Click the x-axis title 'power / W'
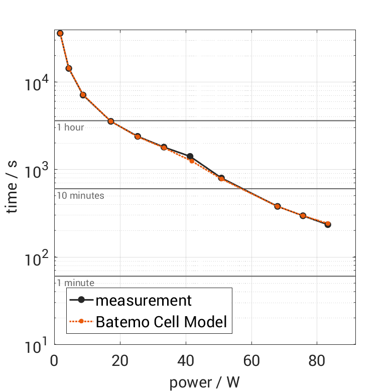pyautogui.click(x=204, y=382)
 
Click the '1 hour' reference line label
pyautogui.click(x=70, y=127)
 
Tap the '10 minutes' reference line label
pyautogui.click(x=80, y=196)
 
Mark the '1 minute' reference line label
pyautogui.click(x=75, y=283)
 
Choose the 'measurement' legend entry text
pyautogui.click(x=144, y=301)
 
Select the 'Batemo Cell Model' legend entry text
pyautogui.click(x=161, y=322)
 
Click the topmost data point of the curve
pyautogui.click(x=60, y=33)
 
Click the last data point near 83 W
pyautogui.click(x=328, y=224)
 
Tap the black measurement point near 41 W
pyautogui.click(x=190, y=157)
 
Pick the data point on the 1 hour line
pyautogui.click(x=111, y=121)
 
